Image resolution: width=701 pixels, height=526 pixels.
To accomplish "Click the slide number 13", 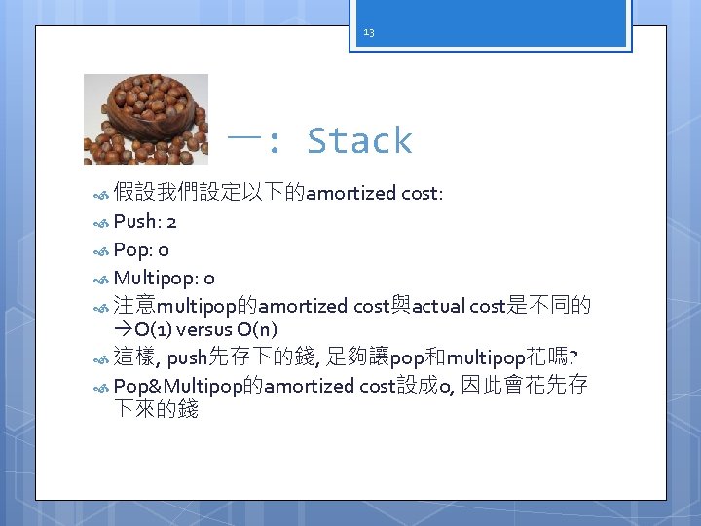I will point(369,32).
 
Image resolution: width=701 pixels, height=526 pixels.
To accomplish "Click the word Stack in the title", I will point(359,141).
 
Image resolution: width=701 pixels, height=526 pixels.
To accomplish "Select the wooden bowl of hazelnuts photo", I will point(145,118).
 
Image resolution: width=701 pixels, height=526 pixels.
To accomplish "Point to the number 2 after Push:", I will point(170,221).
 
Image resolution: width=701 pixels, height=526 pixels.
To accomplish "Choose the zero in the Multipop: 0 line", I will point(209,278).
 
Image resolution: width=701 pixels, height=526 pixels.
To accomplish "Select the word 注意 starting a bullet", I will point(134,306).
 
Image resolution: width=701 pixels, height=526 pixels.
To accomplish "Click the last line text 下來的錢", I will point(156,410).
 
